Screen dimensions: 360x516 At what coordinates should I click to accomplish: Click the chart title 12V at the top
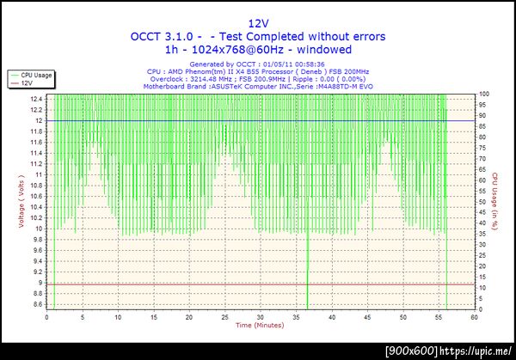(x=258, y=23)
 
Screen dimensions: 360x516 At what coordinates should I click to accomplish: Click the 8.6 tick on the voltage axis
(x=38, y=304)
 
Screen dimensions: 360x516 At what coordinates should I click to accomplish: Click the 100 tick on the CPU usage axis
(x=484, y=94)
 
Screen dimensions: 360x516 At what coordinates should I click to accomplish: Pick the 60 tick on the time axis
(x=474, y=317)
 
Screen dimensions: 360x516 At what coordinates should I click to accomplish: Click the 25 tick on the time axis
(x=225, y=317)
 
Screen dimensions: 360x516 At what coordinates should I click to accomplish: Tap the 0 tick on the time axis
(x=47, y=317)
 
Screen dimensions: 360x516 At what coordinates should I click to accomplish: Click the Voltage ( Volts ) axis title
(x=20, y=203)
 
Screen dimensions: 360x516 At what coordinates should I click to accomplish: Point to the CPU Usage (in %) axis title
(x=495, y=202)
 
